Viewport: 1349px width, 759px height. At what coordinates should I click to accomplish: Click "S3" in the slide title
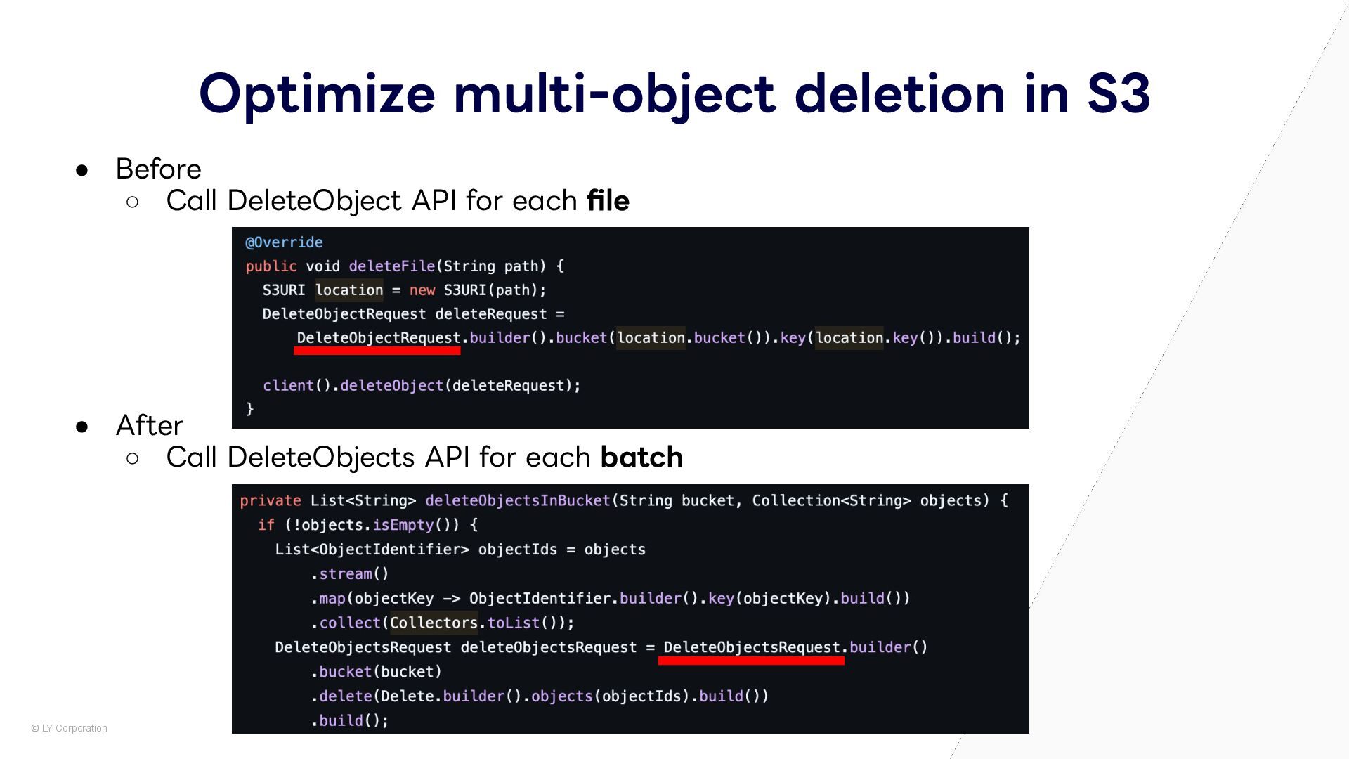1119,94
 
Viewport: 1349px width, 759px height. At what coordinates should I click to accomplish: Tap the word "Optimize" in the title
317,94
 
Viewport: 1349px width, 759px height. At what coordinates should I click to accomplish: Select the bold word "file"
608,201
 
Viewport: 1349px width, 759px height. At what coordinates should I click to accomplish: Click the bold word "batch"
641,458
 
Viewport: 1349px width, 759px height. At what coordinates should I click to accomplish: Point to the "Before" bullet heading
158,169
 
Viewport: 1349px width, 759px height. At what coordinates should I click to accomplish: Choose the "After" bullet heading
149,426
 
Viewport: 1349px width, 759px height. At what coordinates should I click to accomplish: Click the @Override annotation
284,242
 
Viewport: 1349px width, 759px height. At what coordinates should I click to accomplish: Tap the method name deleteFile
391,266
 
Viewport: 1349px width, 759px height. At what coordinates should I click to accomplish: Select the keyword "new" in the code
422,290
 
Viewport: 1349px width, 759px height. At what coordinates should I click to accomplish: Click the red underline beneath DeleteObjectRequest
377,351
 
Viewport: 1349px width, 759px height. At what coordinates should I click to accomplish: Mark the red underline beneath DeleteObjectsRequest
751,661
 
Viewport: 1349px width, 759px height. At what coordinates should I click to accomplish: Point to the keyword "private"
270,501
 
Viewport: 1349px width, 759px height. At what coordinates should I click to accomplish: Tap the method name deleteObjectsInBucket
518,501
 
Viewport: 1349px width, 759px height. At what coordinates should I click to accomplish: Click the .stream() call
350,574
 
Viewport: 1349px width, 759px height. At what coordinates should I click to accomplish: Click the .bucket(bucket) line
377,672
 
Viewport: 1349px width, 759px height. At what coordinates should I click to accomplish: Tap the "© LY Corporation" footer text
69,729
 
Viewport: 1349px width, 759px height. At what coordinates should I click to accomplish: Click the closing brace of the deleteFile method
250,409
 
